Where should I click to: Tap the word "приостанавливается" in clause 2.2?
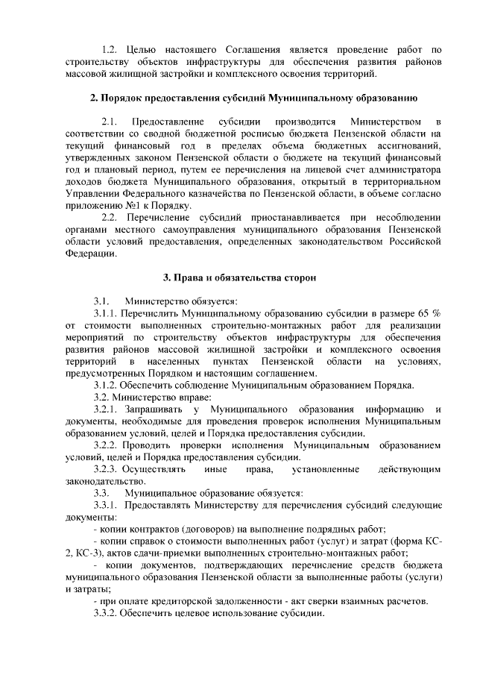coord(288,217)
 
